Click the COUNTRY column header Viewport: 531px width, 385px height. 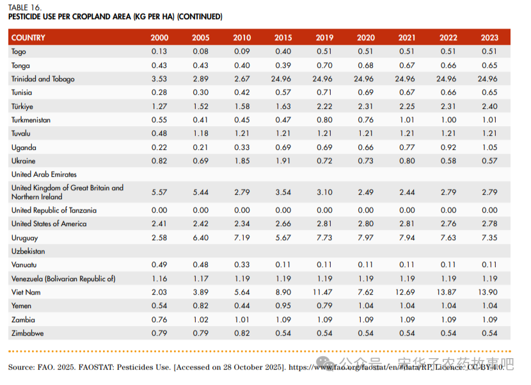coord(28,38)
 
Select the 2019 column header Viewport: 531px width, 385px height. coord(324,38)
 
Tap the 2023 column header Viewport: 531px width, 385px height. coord(489,38)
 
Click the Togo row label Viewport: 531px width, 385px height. coord(19,52)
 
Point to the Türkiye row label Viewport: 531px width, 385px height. coord(22,106)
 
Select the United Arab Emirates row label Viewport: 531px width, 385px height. coord(44,174)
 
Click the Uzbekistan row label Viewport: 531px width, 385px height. coord(28,251)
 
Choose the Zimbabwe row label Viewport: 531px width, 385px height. coord(28,333)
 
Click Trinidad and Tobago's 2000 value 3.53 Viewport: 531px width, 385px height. coord(159,79)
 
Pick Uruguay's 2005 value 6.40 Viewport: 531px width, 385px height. coord(200,238)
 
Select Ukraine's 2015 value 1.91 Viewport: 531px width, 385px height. coord(283,161)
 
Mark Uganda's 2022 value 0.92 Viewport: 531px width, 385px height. coord(448,147)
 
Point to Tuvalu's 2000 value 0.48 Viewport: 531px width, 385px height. coord(159,134)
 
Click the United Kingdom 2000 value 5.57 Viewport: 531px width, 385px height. coord(159,192)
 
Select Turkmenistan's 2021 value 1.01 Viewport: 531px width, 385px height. coord(407,120)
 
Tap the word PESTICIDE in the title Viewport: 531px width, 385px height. coord(26,16)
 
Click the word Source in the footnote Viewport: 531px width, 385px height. coord(20,367)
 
